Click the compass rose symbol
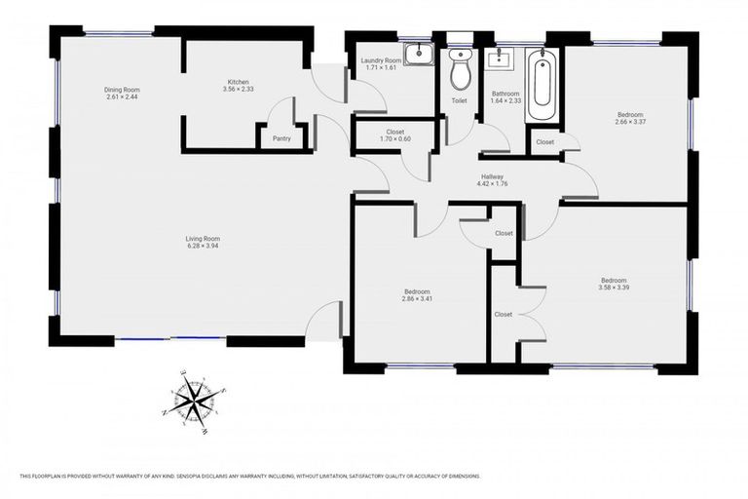196,398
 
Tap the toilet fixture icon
460,70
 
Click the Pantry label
281,138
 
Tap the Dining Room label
122,90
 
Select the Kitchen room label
240,81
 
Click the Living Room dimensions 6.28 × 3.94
204,247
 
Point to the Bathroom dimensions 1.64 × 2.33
505,101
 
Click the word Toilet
459,100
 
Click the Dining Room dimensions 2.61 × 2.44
122,97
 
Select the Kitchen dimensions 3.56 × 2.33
240,89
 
